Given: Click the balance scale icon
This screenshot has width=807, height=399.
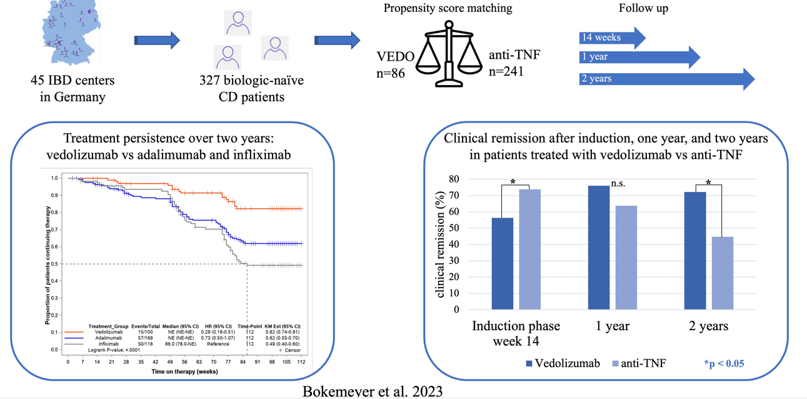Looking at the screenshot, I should (449, 54).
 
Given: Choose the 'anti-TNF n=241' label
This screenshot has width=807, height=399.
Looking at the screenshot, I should (514, 63).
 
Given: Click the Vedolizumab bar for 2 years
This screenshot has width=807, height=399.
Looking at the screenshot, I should (695, 250).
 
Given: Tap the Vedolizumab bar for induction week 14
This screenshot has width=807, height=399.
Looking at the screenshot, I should (503, 263).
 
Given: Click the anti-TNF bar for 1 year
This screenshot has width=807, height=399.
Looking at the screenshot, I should (626, 257).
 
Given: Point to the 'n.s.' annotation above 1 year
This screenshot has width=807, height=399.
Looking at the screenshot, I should (619, 184).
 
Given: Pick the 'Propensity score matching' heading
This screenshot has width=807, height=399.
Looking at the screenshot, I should (448, 9).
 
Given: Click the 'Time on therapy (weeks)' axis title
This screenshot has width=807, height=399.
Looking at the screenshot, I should (184, 371).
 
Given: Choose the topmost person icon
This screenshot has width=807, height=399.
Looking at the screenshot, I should (238, 23).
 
